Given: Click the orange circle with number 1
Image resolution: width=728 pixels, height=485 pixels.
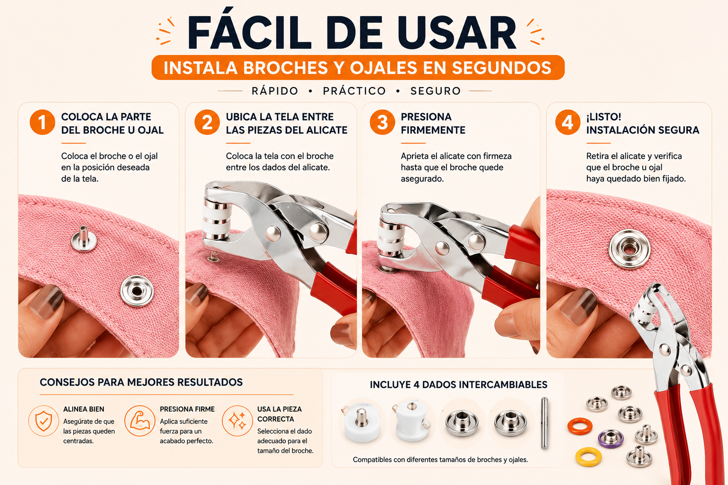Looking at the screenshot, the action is coord(42,122).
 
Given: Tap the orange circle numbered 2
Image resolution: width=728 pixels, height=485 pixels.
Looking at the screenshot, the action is coord(207,122).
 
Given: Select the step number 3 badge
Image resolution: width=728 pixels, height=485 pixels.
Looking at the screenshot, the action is coord(382,122).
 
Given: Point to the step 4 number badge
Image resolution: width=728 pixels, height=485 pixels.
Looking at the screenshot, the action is coord(567,122).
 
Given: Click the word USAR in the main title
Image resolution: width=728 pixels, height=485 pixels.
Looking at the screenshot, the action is coord(456,33).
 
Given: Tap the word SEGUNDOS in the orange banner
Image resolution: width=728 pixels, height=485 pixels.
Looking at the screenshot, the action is coord(501,68).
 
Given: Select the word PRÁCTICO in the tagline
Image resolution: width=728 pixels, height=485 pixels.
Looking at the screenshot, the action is coord(354,91).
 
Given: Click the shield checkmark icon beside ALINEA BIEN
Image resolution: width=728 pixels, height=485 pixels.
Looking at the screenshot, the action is coord(44,421).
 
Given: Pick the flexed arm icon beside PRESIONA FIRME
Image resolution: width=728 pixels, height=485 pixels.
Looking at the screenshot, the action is coord(140,421).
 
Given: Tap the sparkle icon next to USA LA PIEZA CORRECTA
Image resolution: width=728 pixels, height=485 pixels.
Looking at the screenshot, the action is coord(237,421).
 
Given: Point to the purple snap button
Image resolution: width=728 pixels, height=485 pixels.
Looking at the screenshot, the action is coord(610,438).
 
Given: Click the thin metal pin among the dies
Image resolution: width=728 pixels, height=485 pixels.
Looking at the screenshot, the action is coord(545,423).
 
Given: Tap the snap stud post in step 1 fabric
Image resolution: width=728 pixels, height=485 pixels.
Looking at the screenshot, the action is coord(84,239).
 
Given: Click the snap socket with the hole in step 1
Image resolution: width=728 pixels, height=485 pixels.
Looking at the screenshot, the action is coord(137,291).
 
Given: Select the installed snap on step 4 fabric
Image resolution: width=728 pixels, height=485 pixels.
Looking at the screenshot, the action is coord(629,249).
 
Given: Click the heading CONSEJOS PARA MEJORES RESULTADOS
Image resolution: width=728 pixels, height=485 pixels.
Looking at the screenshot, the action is coord(141,382).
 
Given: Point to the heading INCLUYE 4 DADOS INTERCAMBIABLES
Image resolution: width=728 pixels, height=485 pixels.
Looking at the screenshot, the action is coord(459,385).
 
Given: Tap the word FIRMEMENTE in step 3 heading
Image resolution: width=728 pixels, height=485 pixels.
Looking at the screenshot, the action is coord(433,130).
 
